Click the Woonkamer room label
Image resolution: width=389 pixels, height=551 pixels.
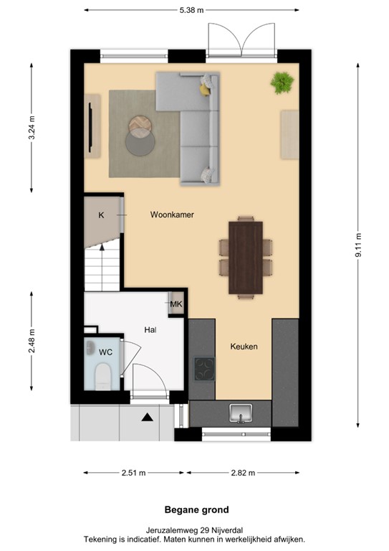click(172, 215)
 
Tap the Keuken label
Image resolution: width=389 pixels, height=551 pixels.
click(244, 347)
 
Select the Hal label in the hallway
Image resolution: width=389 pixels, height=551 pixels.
click(150, 330)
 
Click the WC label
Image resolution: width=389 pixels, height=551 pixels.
click(105, 352)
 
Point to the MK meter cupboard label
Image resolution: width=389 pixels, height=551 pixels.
click(176, 305)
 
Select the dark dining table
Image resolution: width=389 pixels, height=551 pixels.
click(246, 258)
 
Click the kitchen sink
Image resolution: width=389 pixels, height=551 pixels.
click(240, 413)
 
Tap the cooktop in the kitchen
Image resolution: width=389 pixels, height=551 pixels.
click(204, 369)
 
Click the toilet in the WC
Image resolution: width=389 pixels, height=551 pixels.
click(103, 376)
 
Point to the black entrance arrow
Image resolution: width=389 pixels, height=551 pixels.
click(147, 417)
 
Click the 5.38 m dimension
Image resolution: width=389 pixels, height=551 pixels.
click(191, 10)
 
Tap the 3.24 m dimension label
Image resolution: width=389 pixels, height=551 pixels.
click(32, 128)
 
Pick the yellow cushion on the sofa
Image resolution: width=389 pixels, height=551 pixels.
click(206, 89)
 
